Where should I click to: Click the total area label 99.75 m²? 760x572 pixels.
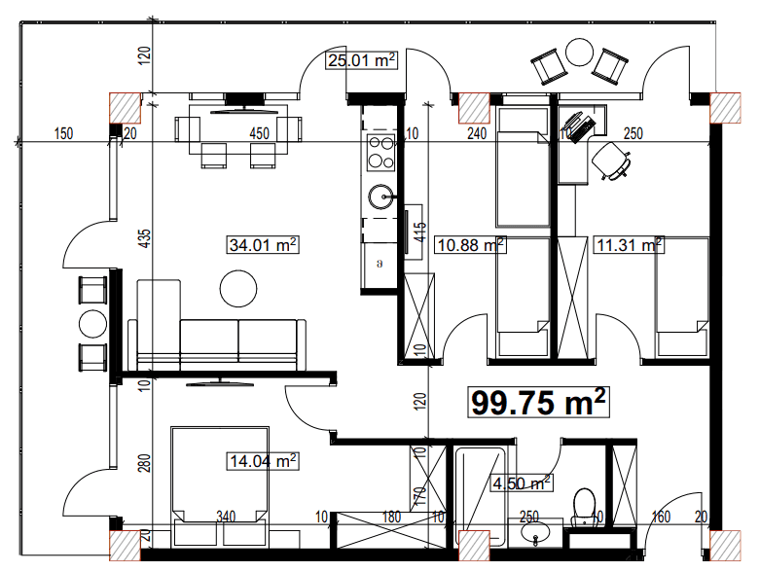coord(540,402)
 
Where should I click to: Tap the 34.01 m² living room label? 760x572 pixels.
coord(262,245)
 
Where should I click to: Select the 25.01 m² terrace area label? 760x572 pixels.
coord(361,61)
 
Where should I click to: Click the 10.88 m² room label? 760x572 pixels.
coord(469,245)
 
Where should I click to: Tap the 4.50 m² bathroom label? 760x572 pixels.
coord(523,481)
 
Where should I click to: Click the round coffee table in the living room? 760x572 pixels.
coord(238,288)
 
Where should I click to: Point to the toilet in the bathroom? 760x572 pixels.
coord(585,504)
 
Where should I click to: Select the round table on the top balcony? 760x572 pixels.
coord(580,52)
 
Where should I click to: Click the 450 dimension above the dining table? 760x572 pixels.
coord(260,133)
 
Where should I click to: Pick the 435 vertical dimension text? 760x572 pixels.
coord(144,240)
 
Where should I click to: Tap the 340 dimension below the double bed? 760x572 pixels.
coord(226,517)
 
